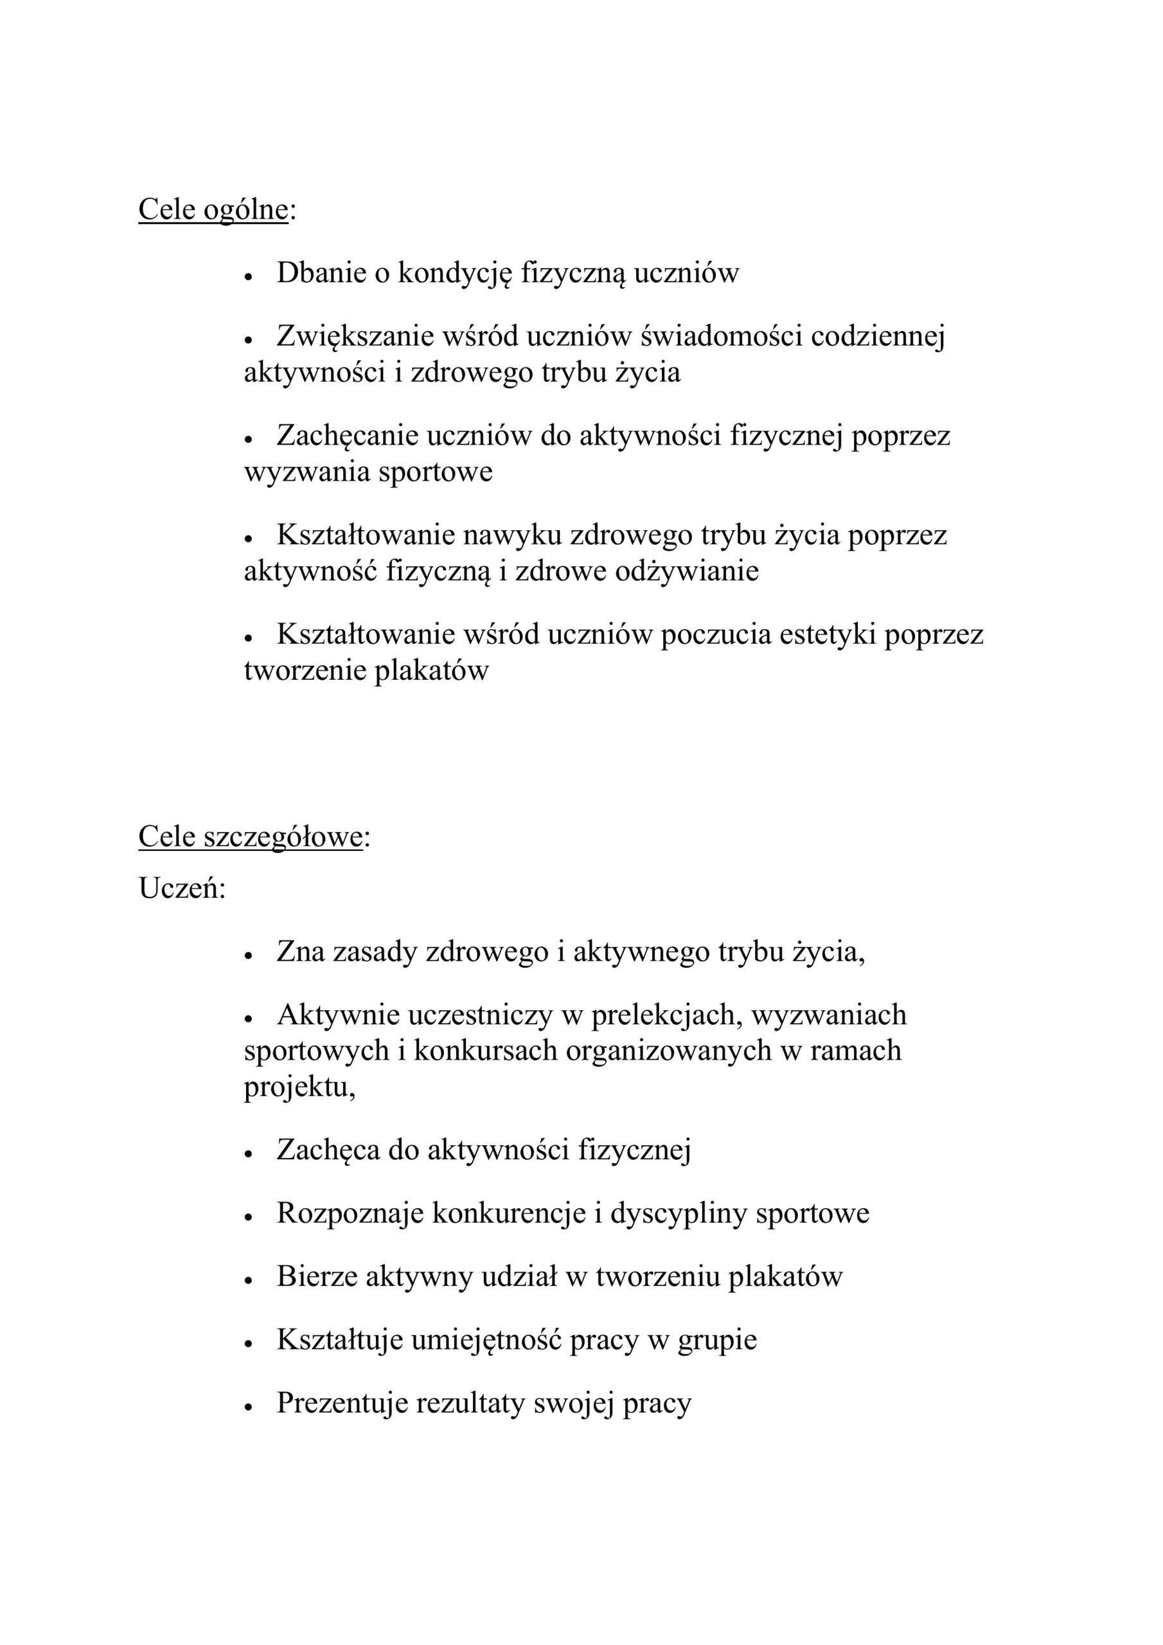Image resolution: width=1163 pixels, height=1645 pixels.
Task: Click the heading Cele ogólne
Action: point(213,210)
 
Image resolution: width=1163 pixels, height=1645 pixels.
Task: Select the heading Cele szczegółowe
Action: point(250,837)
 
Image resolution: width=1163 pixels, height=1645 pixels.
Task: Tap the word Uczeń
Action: point(181,889)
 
